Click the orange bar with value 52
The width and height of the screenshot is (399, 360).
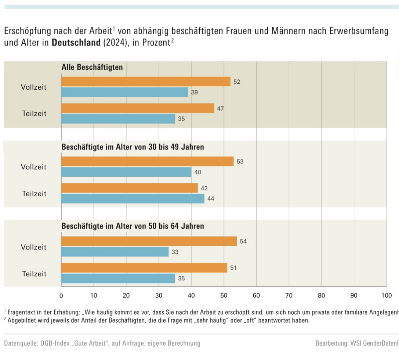pyautogui.click(x=146, y=82)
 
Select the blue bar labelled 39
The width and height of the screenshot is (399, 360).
pyautogui.click(x=125, y=92)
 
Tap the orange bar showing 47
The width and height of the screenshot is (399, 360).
pyautogui.click(x=138, y=108)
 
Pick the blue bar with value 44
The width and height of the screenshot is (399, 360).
pyautogui.click(x=133, y=199)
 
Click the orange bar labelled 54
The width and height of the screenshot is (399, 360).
pyautogui.click(x=149, y=241)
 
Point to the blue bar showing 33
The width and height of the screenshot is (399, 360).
pyautogui.click(x=115, y=252)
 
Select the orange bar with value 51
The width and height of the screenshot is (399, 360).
pyautogui.click(x=144, y=268)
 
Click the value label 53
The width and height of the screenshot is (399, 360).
pyautogui.click(x=240, y=161)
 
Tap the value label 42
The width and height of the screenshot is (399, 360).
pyautogui.click(x=204, y=188)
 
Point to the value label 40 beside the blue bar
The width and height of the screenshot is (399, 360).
pyautogui.click(x=198, y=172)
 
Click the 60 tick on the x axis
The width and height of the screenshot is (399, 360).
pyautogui.click(x=256, y=295)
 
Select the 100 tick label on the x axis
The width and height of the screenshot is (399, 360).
pyautogui.click(x=387, y=295)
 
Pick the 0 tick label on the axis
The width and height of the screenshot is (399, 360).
pyautogui.click(x=61, y=295)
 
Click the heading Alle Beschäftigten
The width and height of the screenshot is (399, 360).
pyautogui.click(x=92, y=67)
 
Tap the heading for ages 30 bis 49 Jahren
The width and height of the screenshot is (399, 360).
pyautogui.click(x=133, y=147)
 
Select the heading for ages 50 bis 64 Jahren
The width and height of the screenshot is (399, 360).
pyautogui.click(x=133, y=226)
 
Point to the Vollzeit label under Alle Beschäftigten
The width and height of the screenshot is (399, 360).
pyautogui.click(x=33, y=87)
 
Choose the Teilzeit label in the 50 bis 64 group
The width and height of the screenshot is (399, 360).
pyautogui.click(x=34, y=274)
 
